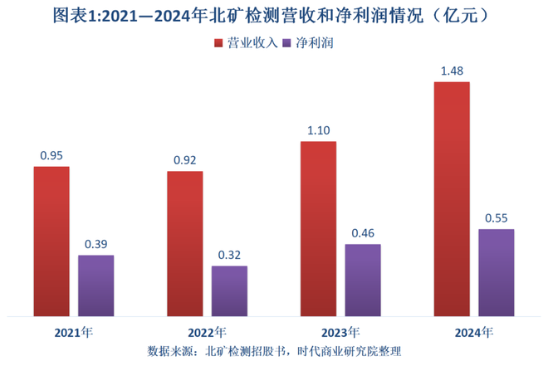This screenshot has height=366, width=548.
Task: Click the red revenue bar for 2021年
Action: [x=51, y=241]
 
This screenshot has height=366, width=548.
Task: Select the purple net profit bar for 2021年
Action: [x=96, y=285]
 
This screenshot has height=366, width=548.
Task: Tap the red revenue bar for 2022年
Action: [x=184, y=243]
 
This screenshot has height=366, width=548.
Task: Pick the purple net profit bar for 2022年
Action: [x=229, y=290]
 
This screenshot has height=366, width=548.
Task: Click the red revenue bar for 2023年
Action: [x=318, y=228]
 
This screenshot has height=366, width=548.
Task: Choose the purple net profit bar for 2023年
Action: [x=363, y=280]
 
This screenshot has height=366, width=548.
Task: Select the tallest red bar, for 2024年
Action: [x=452, y=198]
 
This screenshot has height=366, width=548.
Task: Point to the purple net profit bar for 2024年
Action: [x=497, y=272]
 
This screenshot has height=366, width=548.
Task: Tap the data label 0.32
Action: [x=229, y=254]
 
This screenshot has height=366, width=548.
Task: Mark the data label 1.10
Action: [x=318, y=130]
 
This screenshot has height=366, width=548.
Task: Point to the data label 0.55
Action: [x=497, y=217]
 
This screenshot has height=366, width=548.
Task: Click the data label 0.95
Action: [x=51, y=154]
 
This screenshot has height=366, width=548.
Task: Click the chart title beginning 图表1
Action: [x=273, y=16]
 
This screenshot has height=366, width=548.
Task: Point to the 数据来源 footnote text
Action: [x=273, y=351]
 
